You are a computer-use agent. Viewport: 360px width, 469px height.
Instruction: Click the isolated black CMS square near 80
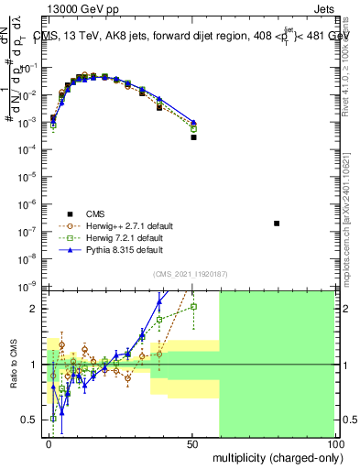pos(277,224)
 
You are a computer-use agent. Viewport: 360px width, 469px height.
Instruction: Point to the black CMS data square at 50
pos(193,137)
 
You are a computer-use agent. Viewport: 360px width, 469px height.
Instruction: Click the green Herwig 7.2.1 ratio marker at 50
pos(193,306)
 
